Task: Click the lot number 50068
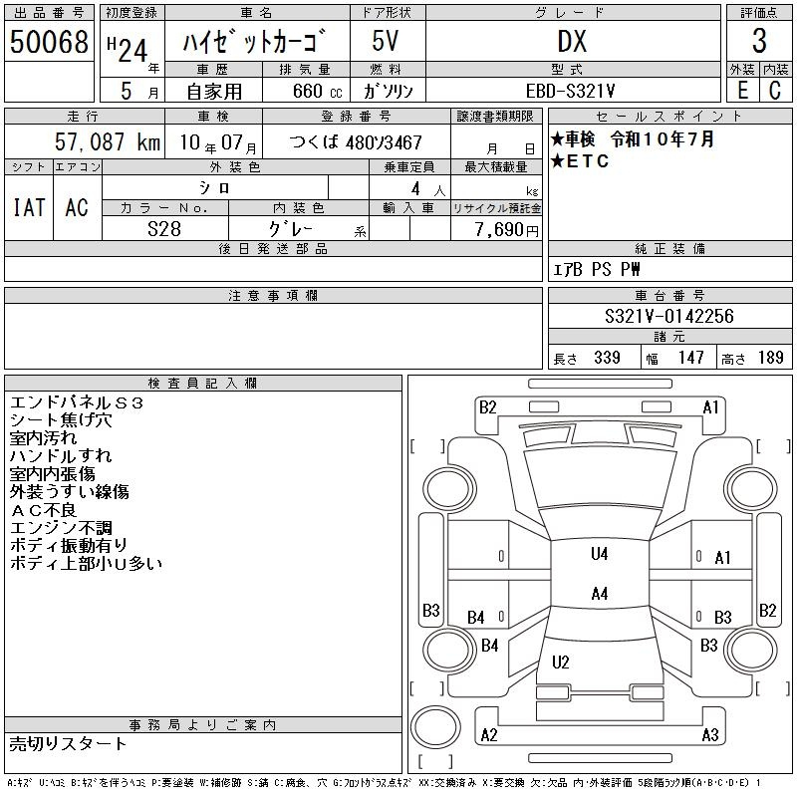[x=49, y=41]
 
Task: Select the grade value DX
[x=572, y=41]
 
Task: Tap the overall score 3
[x=759, y=41]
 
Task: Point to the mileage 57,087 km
[x=108, y=141]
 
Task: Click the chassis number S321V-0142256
[x=669, y=316]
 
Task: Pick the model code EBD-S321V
[x=570, y=91]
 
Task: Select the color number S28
[x=164, y=229]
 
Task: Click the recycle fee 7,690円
[x=507, y=230]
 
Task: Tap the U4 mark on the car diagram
[x=600, y=554]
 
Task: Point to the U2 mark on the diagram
[x=560, y=662]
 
